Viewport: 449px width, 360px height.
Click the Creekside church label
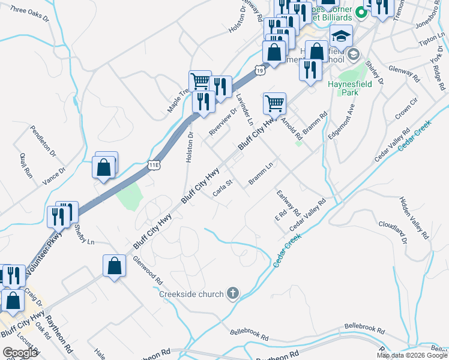tap(191, 294)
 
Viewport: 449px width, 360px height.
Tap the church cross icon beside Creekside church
tap(233, 294)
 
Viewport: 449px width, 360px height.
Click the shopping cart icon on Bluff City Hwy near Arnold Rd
tap(274, 104)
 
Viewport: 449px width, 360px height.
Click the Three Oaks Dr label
tap(30, 14)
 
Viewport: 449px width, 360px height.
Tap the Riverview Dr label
tap(223, 122)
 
